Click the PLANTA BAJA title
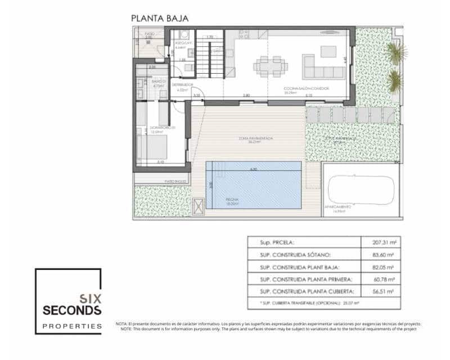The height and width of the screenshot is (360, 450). tap(160, 18)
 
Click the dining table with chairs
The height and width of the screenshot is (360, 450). tap(270, 66)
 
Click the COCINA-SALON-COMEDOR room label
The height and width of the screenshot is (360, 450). tap(307, 89)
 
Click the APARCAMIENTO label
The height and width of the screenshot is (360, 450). tap(337, 206)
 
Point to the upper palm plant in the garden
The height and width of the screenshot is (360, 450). tap(397, 52)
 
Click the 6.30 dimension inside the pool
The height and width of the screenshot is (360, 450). tap(253, 169)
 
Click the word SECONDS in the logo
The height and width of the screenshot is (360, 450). tap(73, 310)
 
